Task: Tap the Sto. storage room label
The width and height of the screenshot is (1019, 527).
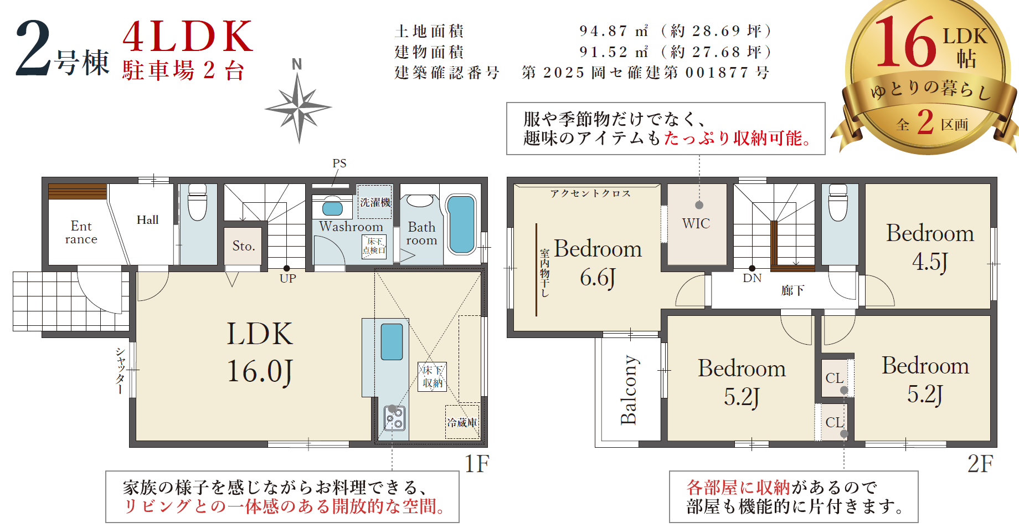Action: point(244,246)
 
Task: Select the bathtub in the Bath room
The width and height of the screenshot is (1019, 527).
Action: point(461,224)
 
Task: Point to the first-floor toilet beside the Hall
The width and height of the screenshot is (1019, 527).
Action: point(198,202)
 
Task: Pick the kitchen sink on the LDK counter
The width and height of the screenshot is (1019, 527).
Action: point(392,342)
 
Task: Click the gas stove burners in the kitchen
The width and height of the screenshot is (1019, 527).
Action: point(394,418)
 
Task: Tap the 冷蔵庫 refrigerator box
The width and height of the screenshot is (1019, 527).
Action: point(462,422)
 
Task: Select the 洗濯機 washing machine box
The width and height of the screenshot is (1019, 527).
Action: point(375,202)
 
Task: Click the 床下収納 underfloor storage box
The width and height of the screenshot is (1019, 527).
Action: point(432,377)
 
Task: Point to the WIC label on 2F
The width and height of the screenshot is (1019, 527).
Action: point(696,223)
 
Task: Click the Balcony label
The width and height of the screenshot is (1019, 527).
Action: point(629,390)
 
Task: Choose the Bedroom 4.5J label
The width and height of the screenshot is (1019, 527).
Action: point(930,247)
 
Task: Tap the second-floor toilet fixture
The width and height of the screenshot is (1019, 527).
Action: point(838,202)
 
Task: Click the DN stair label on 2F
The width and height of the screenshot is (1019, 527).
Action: point(752,278)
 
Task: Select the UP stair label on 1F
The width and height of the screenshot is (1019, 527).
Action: point(287,278)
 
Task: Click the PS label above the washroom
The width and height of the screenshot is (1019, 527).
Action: point(339,163)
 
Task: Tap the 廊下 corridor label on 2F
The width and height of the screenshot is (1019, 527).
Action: point(792,290)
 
